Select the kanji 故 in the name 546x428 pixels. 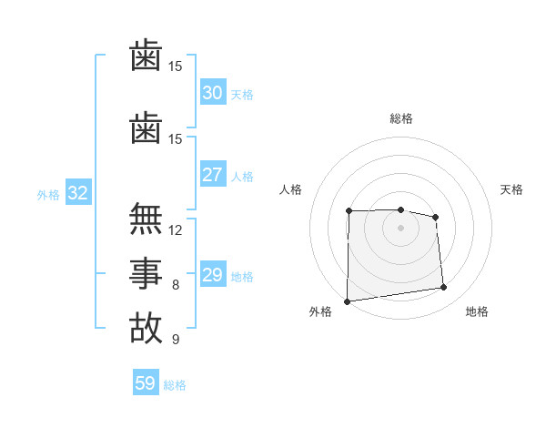point(146,327)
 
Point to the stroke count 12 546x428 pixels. point(177,230)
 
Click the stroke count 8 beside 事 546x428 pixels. point(176,285)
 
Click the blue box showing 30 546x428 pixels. point(212,93)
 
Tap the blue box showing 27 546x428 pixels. point(212,175)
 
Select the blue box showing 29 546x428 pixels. point(212,275)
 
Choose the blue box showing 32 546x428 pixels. point(77,193)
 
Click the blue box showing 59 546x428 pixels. point(145,383)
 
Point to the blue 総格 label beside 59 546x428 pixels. point(175,385)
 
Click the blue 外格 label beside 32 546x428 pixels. point(48,194)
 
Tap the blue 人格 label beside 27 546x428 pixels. point(242,177)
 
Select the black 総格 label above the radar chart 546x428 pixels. point(400,118)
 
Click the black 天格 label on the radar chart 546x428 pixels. point(511,189)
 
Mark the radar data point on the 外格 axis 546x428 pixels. point(347,301)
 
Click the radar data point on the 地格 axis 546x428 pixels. point(444,288)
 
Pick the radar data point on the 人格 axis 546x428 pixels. point(349,211)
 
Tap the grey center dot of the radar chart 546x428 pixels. point(400,228)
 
